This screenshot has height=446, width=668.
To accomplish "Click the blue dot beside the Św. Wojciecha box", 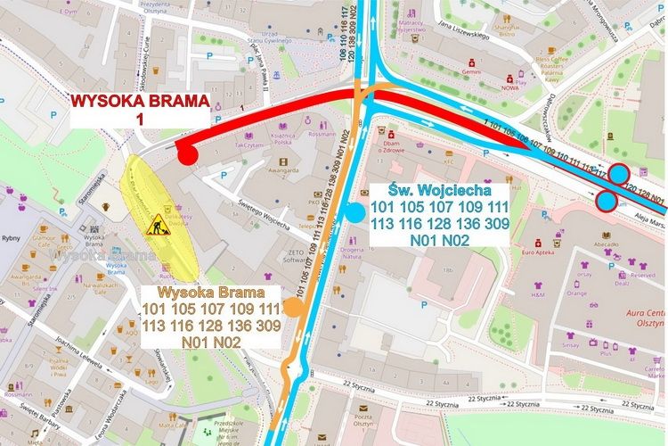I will click(x=354, y=212).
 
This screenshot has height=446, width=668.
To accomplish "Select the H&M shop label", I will click(x=538, y=294).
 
